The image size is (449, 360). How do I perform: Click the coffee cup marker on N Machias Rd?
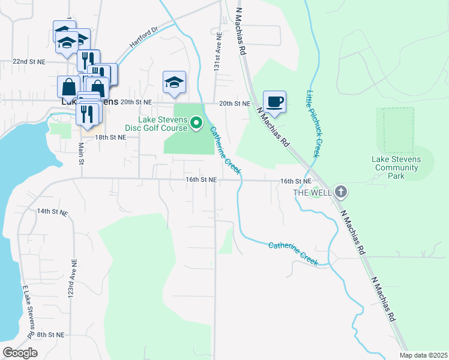tap(274, 102)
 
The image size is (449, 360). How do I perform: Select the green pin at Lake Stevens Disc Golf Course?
tap(196, 124)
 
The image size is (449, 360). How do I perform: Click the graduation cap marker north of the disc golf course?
tap(174, 82)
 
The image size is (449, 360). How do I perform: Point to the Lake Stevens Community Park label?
tap(397, 167)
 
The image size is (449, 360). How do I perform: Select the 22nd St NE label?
tap(29, 62)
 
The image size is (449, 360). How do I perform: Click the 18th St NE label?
tap(110, 137)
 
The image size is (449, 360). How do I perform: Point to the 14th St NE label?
tap(52, 212)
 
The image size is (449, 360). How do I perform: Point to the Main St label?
tap(80, 152)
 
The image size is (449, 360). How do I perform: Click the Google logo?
tap(20, 353)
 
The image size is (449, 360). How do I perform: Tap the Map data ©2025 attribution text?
tap(423, 355)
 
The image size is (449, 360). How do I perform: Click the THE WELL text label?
tap(312, 193)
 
